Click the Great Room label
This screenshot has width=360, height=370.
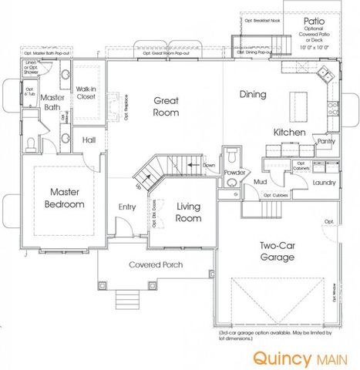pyautogui.click(x=166, y=106)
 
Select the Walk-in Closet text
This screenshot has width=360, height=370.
pyautogui.click(x=85, y=94)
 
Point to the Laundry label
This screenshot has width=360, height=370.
pyautogui.click(x=324, y=183)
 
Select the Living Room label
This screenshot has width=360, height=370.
pyautogui.click(x=188, y=212)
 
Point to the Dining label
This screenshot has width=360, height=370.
pyautogui.click(x=252, y=95)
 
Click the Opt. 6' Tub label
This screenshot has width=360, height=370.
pyautogui.click(x=29, y=92)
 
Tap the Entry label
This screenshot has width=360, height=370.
pyautogui.click(x=127, y=207)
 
